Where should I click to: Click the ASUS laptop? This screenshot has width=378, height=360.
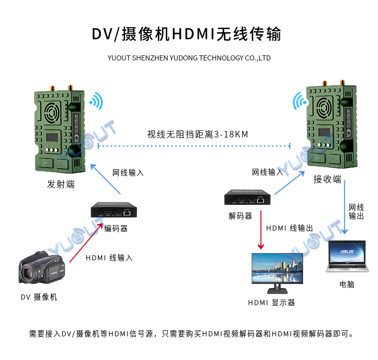point(347,256)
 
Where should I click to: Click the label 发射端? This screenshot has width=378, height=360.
point(61,184)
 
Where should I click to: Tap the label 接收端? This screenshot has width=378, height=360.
point(327,179)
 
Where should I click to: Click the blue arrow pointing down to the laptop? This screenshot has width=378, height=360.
point(345,206)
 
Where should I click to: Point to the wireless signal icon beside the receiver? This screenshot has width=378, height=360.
point(299,102)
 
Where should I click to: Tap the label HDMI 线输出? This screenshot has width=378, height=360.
point(289,228)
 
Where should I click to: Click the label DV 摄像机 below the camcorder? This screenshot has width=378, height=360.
point(39,297)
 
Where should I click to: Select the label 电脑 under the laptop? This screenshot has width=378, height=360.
point(347,284)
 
